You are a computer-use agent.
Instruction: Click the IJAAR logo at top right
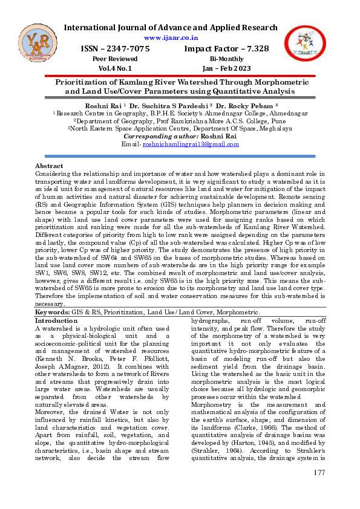306,44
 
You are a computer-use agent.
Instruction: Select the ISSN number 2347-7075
127,48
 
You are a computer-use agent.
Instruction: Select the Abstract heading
49,166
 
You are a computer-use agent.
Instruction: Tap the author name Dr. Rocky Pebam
245,105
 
